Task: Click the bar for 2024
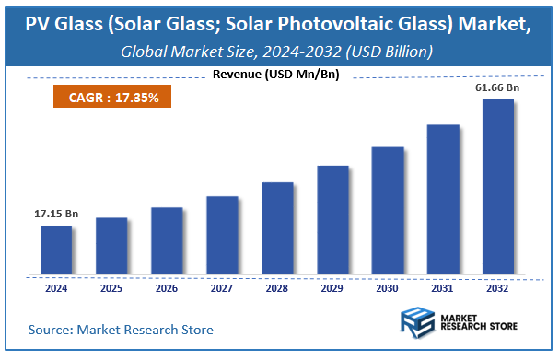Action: point(56,250)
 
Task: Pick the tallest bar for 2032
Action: point(497,186)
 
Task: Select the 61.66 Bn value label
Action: point(497,87)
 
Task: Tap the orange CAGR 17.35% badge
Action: point(112,96)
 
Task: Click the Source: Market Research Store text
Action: point(121,329)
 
